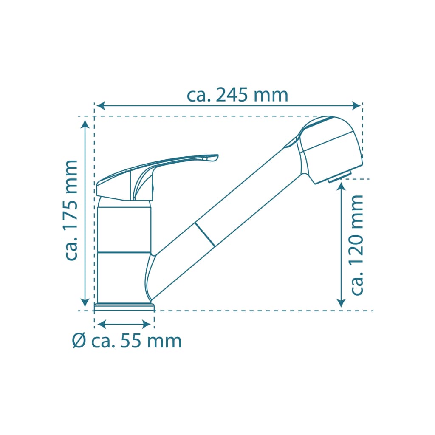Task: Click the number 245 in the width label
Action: [232, 96]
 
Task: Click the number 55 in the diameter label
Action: [131, 341]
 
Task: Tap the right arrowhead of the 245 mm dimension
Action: [356, 106]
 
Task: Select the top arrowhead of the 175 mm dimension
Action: [85, 124]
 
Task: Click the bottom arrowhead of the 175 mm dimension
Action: [85, 302]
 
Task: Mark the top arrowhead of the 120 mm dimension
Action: [341, 187]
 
